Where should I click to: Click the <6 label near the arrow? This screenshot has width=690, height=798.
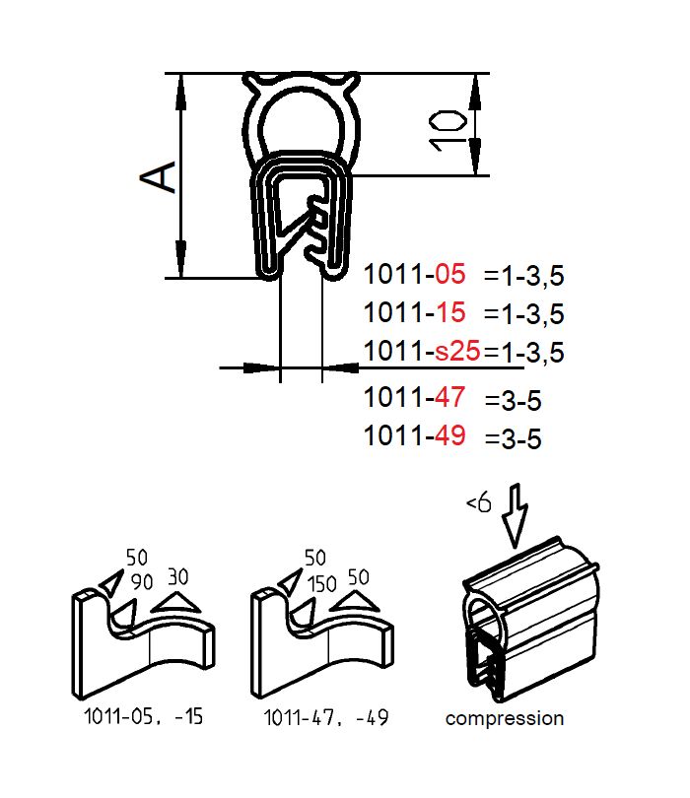[x=478, y=503]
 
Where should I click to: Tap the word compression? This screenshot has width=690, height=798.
[x=505, y=718]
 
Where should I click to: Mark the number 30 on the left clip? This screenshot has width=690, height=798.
[x=177, y=574]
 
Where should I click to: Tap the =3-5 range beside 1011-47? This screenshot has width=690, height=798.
[x=513, y=400]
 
